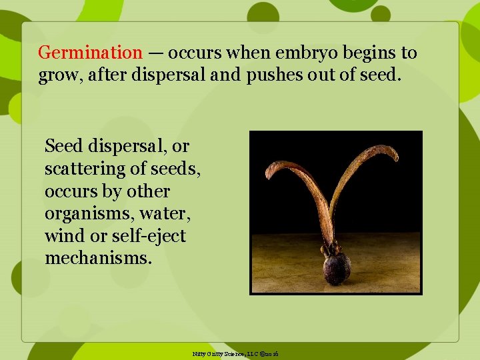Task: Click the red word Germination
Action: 90,53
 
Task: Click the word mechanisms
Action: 98,258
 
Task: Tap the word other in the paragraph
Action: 149,191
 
